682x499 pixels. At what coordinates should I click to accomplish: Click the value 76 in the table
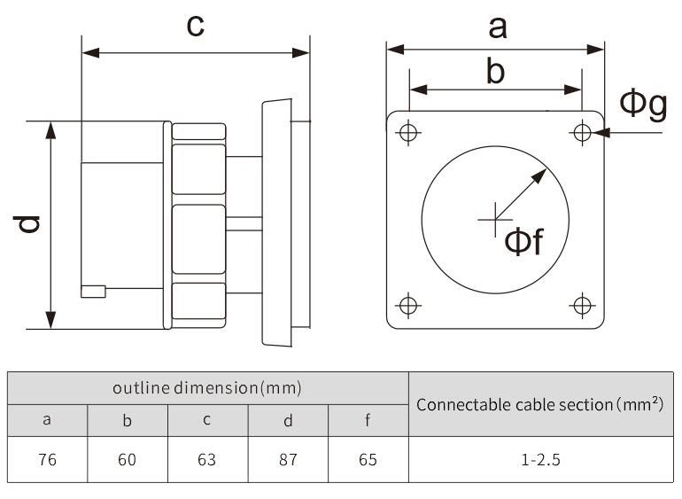[48, 460]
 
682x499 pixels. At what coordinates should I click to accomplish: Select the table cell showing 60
[128, 460]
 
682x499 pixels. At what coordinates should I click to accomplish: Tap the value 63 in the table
[206, 460]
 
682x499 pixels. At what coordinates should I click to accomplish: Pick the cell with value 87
[287, 460]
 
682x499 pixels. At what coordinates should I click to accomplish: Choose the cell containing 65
[368, 460]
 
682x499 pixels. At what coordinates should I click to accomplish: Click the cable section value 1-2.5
[539, 460]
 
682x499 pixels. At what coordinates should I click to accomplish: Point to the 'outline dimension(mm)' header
[207, 388]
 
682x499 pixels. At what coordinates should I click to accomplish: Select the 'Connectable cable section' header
[539, 404]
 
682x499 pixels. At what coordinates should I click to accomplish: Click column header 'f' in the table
[368, 420]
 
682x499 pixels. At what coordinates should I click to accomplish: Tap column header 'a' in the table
[48, 420]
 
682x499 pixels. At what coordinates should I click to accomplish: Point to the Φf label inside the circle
[523, 241]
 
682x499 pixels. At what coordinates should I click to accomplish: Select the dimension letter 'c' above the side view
[195, 26]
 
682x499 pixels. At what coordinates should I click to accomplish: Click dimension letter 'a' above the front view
[498, 27]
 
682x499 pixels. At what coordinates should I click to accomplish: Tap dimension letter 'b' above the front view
[496, 71]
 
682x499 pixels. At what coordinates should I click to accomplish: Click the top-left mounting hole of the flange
[408, 133]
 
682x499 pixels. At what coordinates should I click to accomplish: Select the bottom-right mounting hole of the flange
[582, 306]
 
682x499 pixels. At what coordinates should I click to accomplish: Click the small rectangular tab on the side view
[93, 290]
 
